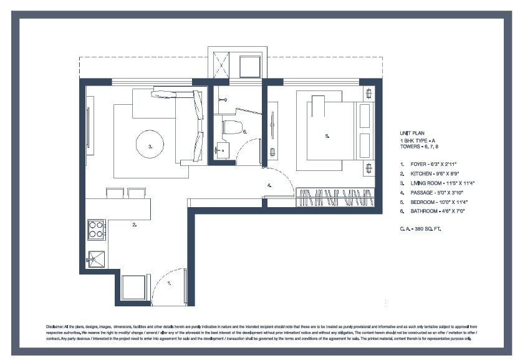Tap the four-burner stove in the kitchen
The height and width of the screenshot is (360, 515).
click(x=96, y=230)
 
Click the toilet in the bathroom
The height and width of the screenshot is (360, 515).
click(x=233, y=128)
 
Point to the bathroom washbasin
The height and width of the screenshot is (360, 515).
click(x=221, y=150)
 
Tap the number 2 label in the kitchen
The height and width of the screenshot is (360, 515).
click(x=134, y=225)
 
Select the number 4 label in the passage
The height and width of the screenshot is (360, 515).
click(x=269, y=185)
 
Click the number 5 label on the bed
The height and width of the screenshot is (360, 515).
click(x=327, y=135)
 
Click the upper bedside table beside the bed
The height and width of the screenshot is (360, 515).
click(x=369, y=94)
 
